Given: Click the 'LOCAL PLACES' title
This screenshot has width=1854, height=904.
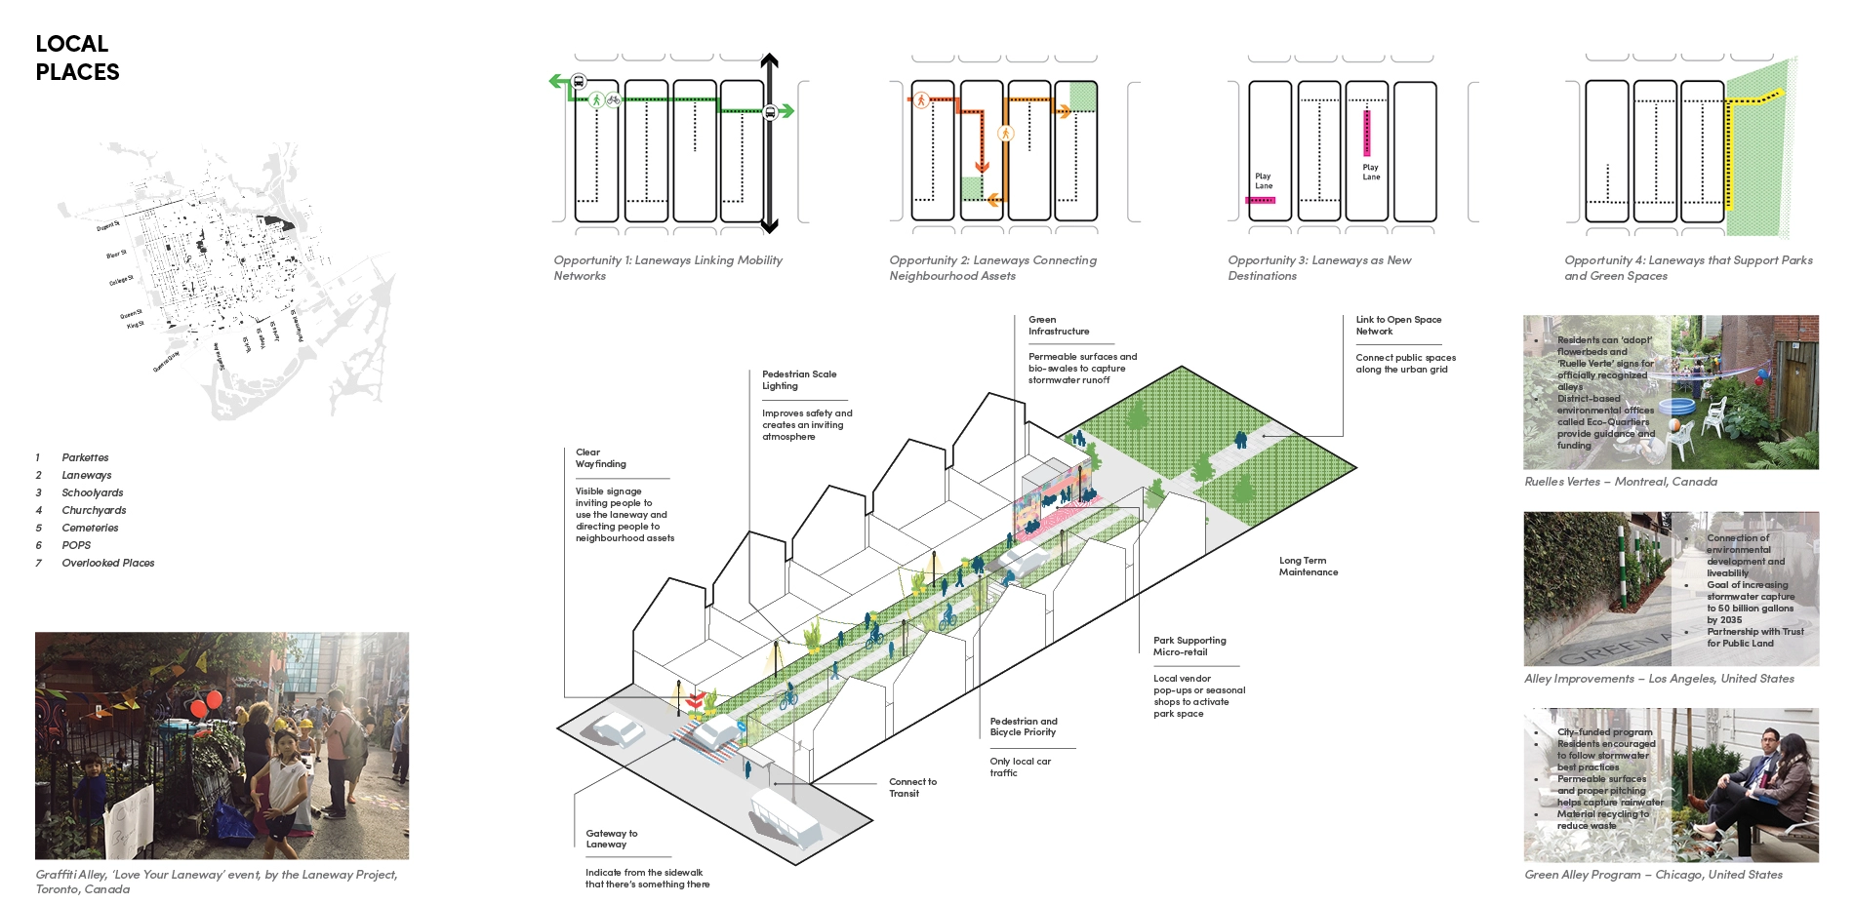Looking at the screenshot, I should (77, 58).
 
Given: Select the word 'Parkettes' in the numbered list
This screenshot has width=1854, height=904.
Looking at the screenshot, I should (85, 457).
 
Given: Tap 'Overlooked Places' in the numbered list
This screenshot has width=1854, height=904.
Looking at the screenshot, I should (107, 563).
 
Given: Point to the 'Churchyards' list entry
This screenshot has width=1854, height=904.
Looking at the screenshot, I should (94, 510).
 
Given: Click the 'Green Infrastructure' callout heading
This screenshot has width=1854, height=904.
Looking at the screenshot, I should (1058, 326).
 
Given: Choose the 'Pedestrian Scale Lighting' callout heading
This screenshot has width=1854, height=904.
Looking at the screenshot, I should (798, 380).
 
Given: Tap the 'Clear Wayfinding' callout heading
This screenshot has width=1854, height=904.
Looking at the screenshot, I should (600, 458).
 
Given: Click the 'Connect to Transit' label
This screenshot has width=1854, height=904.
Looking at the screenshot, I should (912, 787).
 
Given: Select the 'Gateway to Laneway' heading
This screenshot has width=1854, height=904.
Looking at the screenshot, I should (611, 839).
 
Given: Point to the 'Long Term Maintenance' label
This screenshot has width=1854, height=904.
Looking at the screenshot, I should (1308, 567).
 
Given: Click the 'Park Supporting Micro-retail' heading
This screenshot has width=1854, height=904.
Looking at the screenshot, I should (1189, 647).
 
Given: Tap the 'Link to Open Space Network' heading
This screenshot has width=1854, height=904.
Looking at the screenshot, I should (1397, 326).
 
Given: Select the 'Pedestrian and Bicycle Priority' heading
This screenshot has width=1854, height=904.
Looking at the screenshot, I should (1023, 727).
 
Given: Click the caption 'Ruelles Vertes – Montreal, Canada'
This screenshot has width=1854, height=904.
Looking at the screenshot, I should (1620, 482).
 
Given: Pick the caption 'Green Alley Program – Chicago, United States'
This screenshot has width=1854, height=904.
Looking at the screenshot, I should (1652, 875).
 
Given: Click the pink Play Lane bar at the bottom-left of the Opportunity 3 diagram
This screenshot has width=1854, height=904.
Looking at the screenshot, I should (1260, 200).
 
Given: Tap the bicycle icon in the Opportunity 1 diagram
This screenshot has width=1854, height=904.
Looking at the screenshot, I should (613, 98).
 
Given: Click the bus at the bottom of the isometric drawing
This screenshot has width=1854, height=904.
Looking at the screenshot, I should (786, 818).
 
